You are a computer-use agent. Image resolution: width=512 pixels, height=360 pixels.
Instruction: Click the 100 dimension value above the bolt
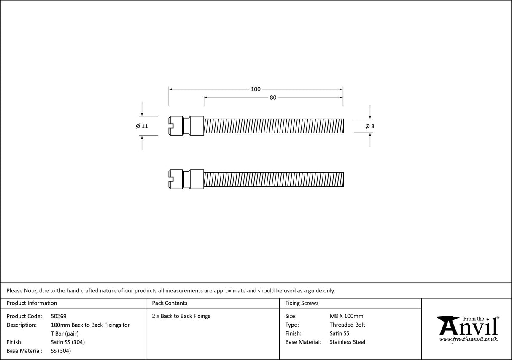[x=256, y=89]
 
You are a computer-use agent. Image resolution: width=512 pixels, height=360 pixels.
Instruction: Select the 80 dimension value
[x=273, y=97]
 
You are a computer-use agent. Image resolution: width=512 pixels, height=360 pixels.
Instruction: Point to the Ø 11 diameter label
[x=142, y=126]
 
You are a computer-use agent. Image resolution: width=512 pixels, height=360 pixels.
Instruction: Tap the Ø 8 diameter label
[x=370, y=126]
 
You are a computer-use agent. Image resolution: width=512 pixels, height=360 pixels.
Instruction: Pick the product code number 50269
[x=59, y=316]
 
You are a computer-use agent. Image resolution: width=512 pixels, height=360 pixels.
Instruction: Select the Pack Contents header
[x=170, y=303]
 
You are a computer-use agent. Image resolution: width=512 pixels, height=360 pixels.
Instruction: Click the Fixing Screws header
[x=302, y=303]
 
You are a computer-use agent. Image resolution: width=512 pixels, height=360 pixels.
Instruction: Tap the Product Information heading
[x=32, y=303]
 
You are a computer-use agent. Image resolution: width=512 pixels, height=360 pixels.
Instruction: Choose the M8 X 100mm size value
[x=346, y=316]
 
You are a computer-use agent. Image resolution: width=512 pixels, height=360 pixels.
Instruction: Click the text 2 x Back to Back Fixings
[x=181, y=316]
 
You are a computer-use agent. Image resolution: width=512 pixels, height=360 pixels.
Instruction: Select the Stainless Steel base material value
[x=347, y=342]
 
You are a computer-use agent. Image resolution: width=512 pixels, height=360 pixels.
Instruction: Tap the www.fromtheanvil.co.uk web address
[x=468, y=339]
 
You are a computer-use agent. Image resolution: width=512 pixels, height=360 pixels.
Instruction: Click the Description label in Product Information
[x=22, y=325]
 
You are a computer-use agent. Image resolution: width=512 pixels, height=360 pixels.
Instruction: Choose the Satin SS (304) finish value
[x=67, y=342]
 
